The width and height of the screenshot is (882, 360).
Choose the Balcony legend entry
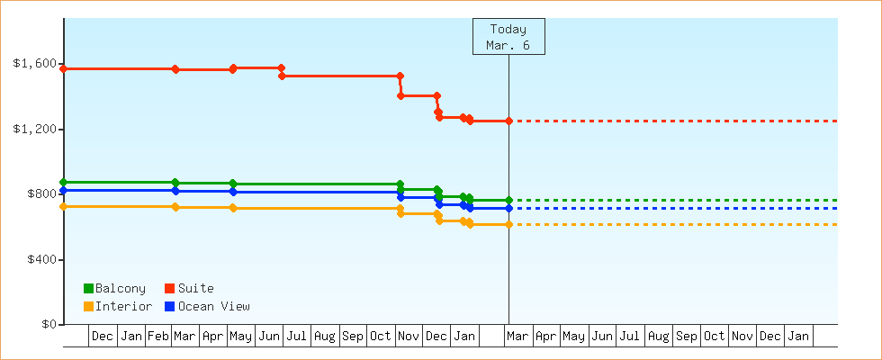[x=114, y=288]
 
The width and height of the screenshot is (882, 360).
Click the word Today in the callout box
[x=508, y=29]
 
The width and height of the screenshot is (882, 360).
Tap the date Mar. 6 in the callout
[x=508, y=45]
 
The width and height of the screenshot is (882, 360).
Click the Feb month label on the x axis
[x=158, y=337]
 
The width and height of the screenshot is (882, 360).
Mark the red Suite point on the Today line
[x=508, y=121]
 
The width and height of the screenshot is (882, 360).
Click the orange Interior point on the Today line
[x=508, y=224]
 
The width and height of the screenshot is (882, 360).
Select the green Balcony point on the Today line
[x=508, y=200]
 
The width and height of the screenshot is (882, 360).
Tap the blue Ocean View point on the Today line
[x=508, y=208]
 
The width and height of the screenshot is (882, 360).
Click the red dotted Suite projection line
[x=675, y=121]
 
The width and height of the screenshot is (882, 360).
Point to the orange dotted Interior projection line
[x=675, y=224]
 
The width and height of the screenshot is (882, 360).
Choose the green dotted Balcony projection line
[x=675, y=200]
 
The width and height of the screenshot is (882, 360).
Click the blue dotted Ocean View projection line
[x=675, y=208]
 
